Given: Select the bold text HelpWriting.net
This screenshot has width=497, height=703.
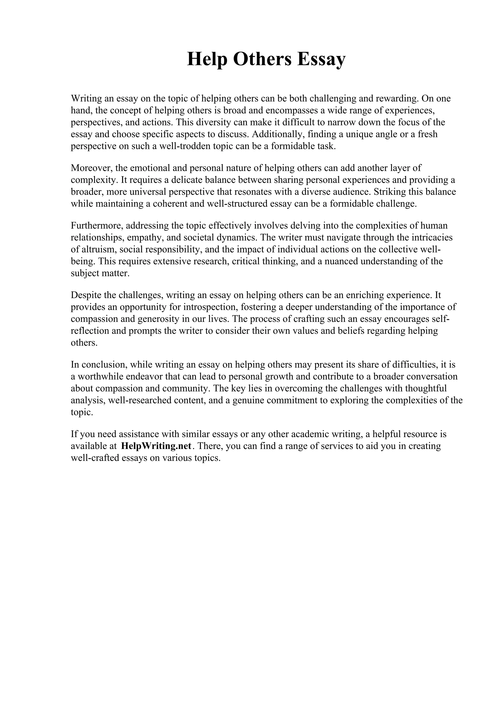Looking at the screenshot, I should click(x=156, y=446).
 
